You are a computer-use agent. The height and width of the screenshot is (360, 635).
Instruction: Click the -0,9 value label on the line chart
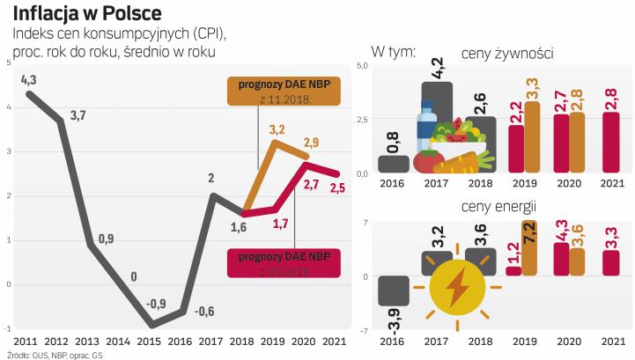pos(155,304)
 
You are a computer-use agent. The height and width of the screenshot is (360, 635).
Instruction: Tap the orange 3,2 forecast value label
pos(277,130)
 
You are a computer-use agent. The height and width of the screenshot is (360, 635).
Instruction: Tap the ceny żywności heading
pos(506,54)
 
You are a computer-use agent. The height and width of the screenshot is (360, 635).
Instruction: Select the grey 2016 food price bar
pos(393,164)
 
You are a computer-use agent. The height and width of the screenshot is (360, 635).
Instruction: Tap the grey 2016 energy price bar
pos(393,291)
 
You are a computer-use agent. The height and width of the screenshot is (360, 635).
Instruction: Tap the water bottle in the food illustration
pos(426,128)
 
